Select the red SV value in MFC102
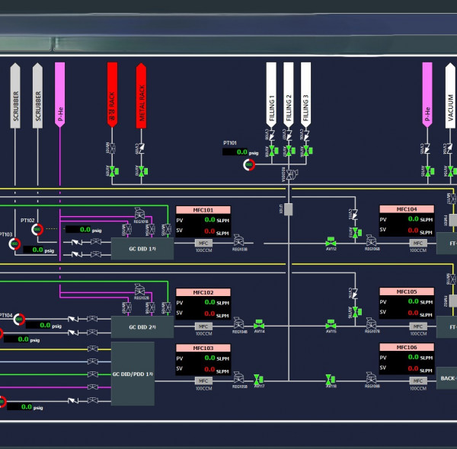click(x=209, y=313)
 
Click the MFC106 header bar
click(x=407, y=347)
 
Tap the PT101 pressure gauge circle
click(x=249, y=164)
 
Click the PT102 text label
click(x=28, y=221)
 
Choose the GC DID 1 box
click(x=141, y=248)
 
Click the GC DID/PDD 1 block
click(x=133, y=374)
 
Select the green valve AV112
click(x=331, y=242)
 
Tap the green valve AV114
click(x=259, y=325)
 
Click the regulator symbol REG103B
click(x=238, y=242)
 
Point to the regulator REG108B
click(x=372, y=379)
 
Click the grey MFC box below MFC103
click(x=203, y=380)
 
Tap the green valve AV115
click(x=331, y=325)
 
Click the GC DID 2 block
click(x=141, y=326)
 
